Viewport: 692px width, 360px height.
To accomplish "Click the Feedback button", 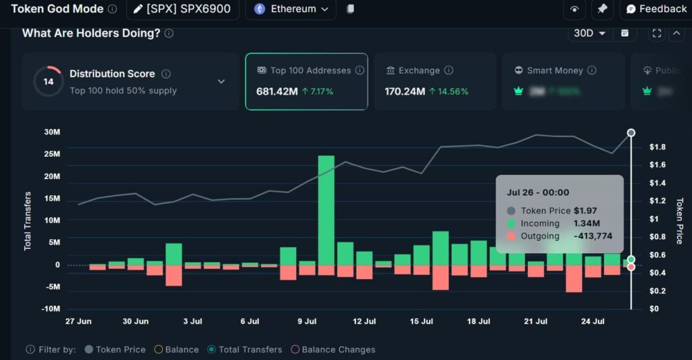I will pyautogui.click(x=656, y=9).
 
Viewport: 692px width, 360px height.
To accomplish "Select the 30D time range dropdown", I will pyautogui.click(x=590, y=33).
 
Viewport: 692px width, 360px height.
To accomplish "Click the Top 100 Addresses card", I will pyautogui.click(x=306, y=81).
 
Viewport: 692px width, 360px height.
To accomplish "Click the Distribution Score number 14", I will pyautogui.click(x=49, y=82).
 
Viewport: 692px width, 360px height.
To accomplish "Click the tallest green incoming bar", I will pyautogui.click(x=326, y=210).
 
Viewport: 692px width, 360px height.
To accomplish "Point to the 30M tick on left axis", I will pyautogui.click(x=52, y=132).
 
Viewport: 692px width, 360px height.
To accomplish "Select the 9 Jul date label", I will pyautogui.click(x=307, y=322).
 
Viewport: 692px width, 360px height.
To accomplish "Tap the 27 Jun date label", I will pyautogui.click(x=78, y=322).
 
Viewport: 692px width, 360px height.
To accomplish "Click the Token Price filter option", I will pyautogui.click(x=115, y=349).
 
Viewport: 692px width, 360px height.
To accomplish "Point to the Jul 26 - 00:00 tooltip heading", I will pyautogui.click(x=538, y=192).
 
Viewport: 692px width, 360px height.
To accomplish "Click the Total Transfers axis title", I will pyautogui.click(x=28, y=220).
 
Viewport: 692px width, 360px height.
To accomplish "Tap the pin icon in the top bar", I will pyautogui.click(x=601, y=9).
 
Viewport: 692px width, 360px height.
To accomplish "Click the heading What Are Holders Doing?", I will pyautogui.click(x=91, y=33).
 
